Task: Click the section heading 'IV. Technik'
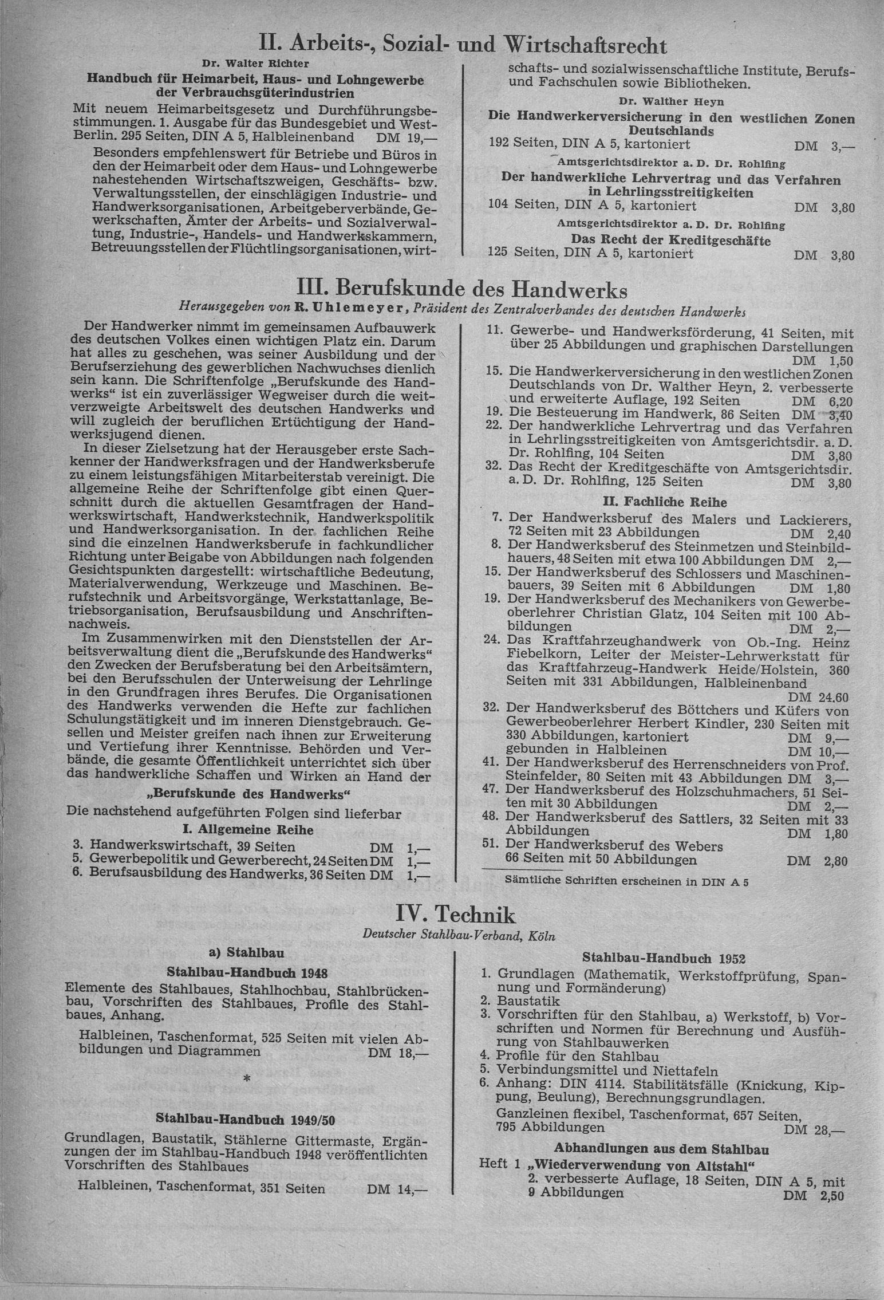tap(455, 915)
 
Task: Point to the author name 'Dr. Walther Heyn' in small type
tap(671, 101)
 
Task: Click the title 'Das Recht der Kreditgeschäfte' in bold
tap(670, 240)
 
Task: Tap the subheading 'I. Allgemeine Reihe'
tap(248, 829)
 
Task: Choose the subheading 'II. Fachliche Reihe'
tap(665, 502)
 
